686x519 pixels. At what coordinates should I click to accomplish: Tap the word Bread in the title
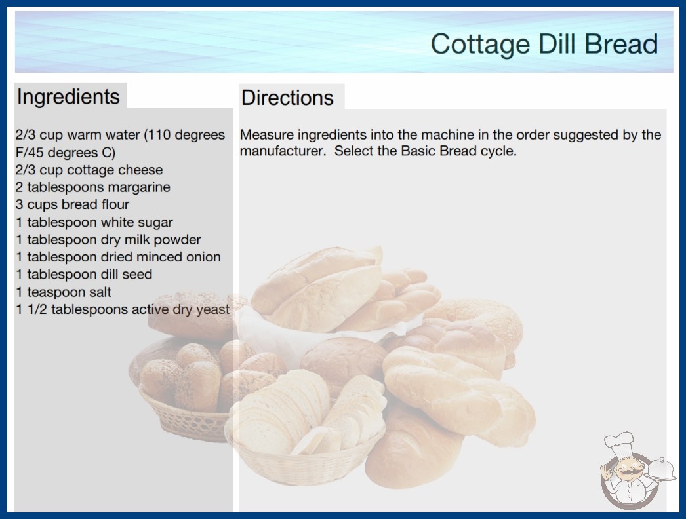coord(621,44)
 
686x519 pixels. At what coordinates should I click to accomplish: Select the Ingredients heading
coord(68,97)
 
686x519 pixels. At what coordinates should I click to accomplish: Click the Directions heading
coord(287,98)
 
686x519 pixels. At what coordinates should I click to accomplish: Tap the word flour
coord(115,204)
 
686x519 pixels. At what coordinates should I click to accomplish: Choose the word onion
coord(203,257)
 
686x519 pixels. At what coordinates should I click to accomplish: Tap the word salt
coord(100,292)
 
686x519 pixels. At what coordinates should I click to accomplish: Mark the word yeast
coord(212,310)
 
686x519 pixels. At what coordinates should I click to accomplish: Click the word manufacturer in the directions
coord(283,151)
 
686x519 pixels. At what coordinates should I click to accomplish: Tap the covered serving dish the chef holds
coord(660,469)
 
